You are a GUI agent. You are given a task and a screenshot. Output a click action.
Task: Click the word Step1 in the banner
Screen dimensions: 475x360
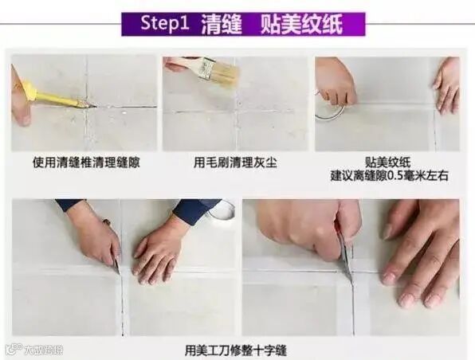coord(165,23)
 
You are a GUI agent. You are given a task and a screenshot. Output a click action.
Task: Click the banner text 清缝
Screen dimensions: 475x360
coord(222,24)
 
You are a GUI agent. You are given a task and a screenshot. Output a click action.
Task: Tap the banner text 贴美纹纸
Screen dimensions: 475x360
coord(301,24)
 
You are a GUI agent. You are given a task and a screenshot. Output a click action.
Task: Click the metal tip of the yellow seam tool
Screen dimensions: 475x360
coord(87,104)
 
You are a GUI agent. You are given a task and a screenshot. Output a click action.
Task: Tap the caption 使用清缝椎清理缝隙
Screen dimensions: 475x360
coord(86,163)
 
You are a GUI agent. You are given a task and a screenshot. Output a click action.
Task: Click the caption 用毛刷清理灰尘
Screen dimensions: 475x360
coord(235,163)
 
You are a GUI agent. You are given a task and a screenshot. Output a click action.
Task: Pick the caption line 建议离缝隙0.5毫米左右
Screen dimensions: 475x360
coord(389,176)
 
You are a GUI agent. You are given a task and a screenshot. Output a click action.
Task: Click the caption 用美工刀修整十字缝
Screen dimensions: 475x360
coord(235,351)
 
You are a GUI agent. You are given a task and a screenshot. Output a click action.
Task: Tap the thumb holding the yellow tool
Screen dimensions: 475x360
coord(22,114)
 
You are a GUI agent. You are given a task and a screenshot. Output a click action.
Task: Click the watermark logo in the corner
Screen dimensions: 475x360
coord(14,350)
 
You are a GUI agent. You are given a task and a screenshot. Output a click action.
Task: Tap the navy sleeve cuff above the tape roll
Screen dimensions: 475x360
coord(197,211)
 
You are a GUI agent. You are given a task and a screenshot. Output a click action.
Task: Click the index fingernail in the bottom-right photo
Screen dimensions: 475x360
coord(388,276)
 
